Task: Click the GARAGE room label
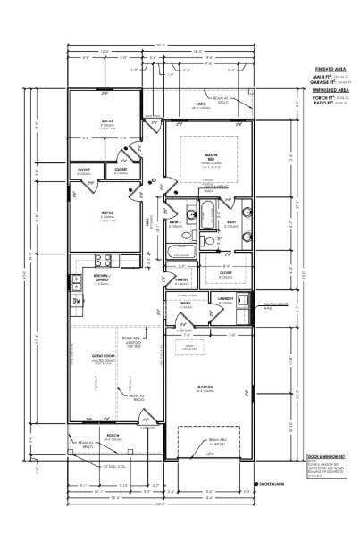[205, 386]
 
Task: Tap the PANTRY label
[182, 279]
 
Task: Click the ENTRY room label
[186, 304]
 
